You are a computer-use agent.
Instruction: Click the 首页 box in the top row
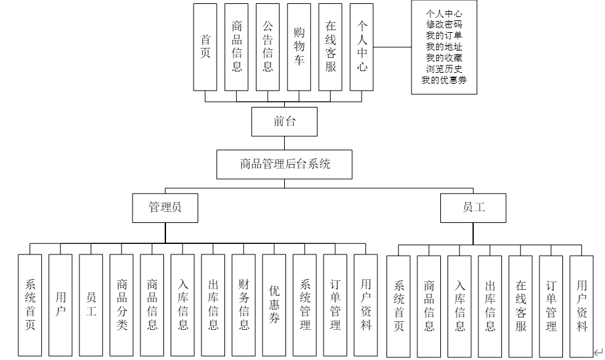click(x=205, y=47)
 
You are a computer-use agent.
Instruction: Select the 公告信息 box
click(x=268, y=47)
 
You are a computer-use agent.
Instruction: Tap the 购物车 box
click(x=299, y=47)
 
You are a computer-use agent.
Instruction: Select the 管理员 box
click(x=165, y=208)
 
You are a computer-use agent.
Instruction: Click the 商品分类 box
click(x=121, y=305)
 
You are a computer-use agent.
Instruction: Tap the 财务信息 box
click(x=243, y=305)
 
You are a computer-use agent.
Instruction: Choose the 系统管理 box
click(x=305, y=305)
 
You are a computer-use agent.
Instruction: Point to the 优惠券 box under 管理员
click(x=274, y=305)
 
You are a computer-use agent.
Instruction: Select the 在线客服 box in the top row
click(x=331, y=47)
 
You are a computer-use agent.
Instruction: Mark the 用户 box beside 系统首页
click(x=60, y=305)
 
